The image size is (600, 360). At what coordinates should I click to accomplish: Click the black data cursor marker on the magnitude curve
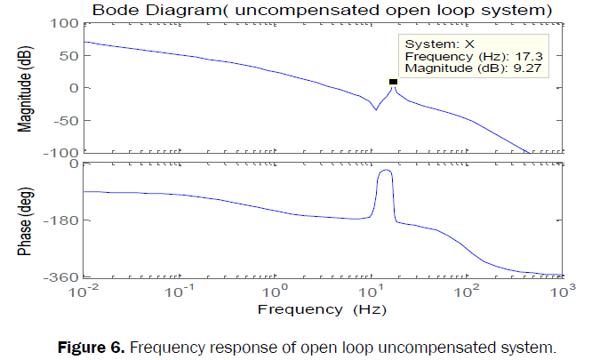click(393, 82)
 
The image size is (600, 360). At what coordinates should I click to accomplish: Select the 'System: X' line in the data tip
click(433, 43)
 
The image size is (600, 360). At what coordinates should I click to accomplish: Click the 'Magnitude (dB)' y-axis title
click(28, 88)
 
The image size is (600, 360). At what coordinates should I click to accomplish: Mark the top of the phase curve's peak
click(386, 171)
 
